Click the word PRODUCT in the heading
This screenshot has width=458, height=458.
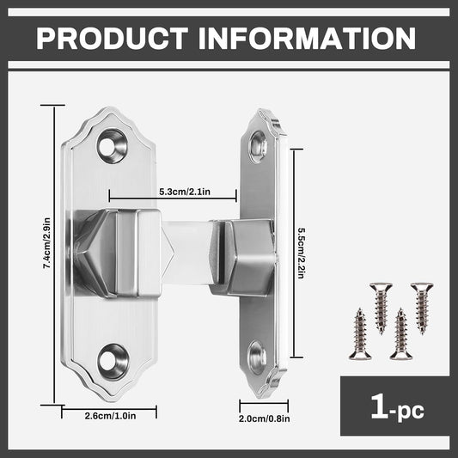click(113, 39)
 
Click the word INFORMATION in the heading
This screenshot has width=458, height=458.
click(308, 39)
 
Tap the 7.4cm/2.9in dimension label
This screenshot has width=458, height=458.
click(46, 243)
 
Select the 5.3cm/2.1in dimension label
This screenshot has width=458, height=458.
click(185, 192)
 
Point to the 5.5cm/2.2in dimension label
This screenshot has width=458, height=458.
click(301, 253)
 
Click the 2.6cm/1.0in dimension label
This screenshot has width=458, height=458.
click(110, 416)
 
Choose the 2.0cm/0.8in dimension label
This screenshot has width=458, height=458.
click(265, 418)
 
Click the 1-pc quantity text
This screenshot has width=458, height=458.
click(397, 407)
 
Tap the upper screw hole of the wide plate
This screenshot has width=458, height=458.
click(113, 146)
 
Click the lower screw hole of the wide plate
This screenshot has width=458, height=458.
click(113, 362)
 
